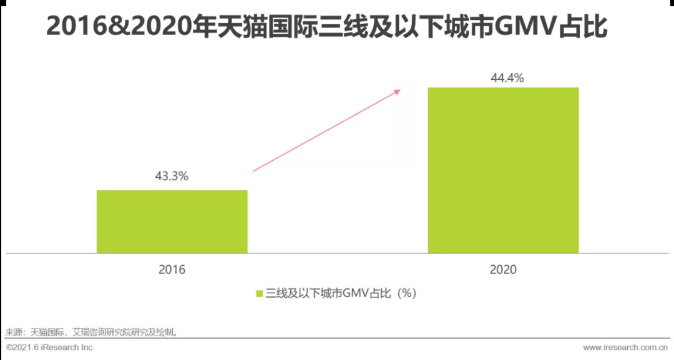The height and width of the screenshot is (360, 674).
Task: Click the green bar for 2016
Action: click(172, 221)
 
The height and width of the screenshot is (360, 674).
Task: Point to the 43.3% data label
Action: click(172, 177)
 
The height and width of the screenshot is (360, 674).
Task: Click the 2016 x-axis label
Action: click(172, 270)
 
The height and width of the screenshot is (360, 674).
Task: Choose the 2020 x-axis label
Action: click(504, 270)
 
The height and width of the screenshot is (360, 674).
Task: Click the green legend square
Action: click(258, 293)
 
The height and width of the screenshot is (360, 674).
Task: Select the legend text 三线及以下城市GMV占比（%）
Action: click(341, 293)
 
